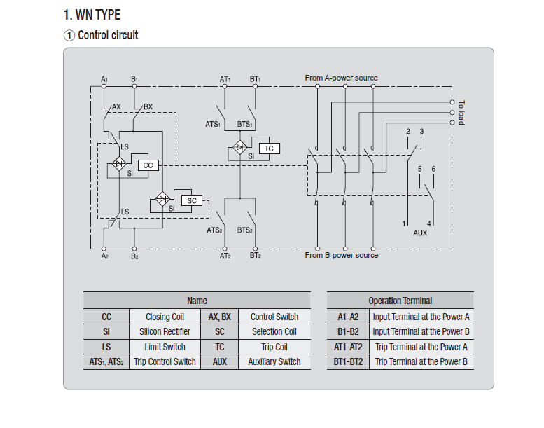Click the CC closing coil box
click(x=148, y=165)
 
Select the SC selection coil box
click(x=191, y=201)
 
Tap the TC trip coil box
click(x=269, y=149)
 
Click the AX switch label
click(x=117, y=106)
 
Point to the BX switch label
click(x=148, y=106)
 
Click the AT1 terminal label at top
click(x=225, y=79)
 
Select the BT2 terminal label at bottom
click(x=255, y=256)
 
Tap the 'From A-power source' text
click(x=341, y=78)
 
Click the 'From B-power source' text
click(x=341, y=256)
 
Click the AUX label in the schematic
click(x=420, y=233)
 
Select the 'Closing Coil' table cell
click(x=165, y=317)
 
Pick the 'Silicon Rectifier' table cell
click(x=165, y=331)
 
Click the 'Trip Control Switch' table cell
click(x=165, y=361)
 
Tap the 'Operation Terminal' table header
click(x=400, y=301)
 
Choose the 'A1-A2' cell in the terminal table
click(x=347, y=317)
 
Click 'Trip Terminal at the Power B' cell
click(x=421, y=361)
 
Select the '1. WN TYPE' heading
click(x=92, y=15)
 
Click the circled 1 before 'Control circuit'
click(x=69, y=35)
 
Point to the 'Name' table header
click(x=197, y=301)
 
